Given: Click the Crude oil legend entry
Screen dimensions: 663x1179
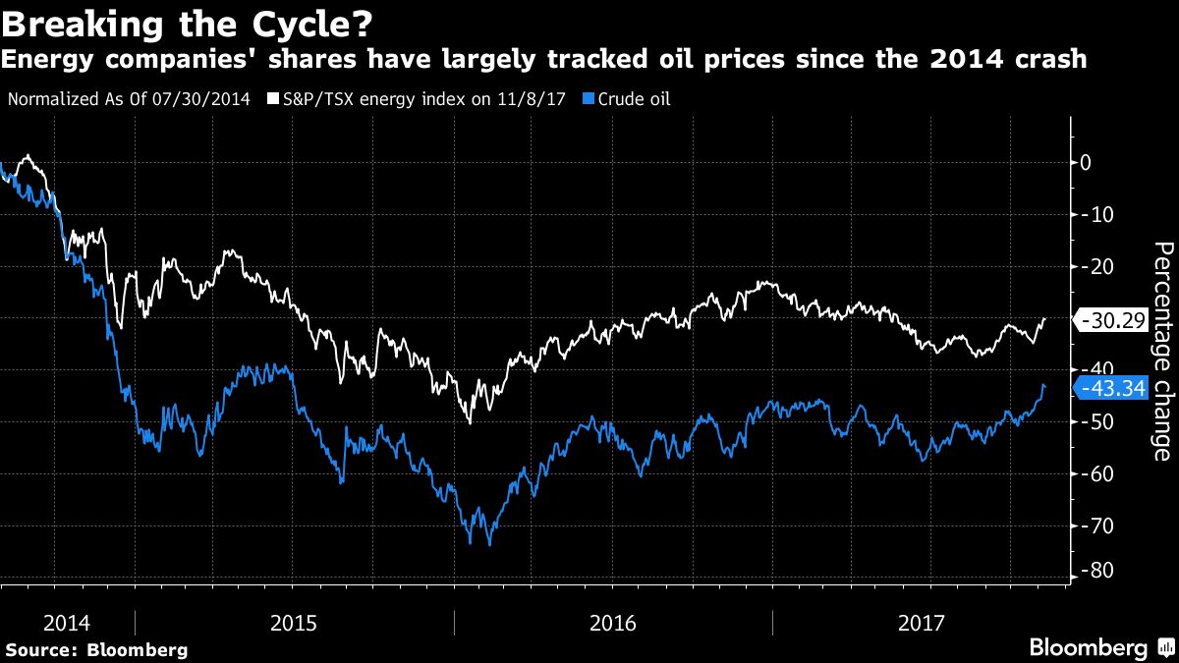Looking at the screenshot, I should pos(633,98).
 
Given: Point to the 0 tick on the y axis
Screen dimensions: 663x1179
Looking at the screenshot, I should pos(1086,162).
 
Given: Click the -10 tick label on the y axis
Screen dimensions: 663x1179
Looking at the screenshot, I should pos(1091,214).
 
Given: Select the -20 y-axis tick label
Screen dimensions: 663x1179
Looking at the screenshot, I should pos(1091,266).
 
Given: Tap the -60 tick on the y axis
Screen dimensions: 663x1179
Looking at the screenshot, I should pos(1091,473).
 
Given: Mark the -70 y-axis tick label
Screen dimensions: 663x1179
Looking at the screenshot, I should pos(1091,525).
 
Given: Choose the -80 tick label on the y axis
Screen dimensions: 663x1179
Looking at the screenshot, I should pos(1091,570).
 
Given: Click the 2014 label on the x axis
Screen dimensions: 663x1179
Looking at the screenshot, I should pos(67,623).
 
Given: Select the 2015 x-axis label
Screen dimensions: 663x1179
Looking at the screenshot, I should pos(295,623).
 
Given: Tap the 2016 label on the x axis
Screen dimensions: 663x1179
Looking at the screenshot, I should pos(613,623).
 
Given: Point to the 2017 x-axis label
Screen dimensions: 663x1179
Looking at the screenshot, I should pos(921,623).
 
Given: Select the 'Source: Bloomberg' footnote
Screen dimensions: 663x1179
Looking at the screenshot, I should pos(96,649).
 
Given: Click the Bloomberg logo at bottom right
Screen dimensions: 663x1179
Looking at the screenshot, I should pos(1100,647).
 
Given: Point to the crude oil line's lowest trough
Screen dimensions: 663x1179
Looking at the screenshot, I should pos(489,544).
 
